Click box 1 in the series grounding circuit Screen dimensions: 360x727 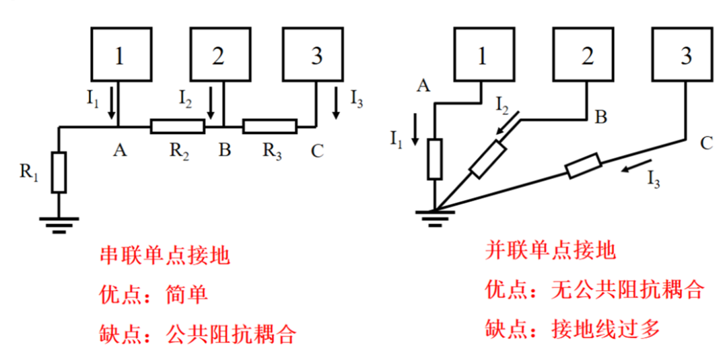119,56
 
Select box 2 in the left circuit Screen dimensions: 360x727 218,56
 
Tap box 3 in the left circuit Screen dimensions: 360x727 316,56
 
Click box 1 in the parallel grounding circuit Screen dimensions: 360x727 482,55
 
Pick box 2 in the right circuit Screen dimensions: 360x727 587,55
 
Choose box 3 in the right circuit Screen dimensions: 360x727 686,55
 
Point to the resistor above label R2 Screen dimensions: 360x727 177,126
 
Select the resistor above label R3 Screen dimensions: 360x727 269,126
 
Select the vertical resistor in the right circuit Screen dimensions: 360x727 436,159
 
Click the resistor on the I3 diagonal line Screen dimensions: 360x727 583,166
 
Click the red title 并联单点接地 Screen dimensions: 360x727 551,251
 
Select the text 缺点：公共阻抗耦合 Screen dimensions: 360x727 198,333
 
